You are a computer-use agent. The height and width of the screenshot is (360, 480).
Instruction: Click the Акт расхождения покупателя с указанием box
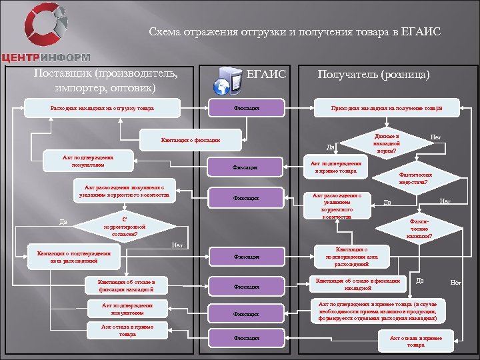coord(125,190)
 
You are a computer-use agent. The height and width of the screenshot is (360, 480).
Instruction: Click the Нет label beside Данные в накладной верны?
coord(436,135)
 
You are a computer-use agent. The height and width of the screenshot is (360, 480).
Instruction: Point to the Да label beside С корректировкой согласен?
coord(62,222)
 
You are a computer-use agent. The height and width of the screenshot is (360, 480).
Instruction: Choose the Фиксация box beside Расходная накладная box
coord(247,107)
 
